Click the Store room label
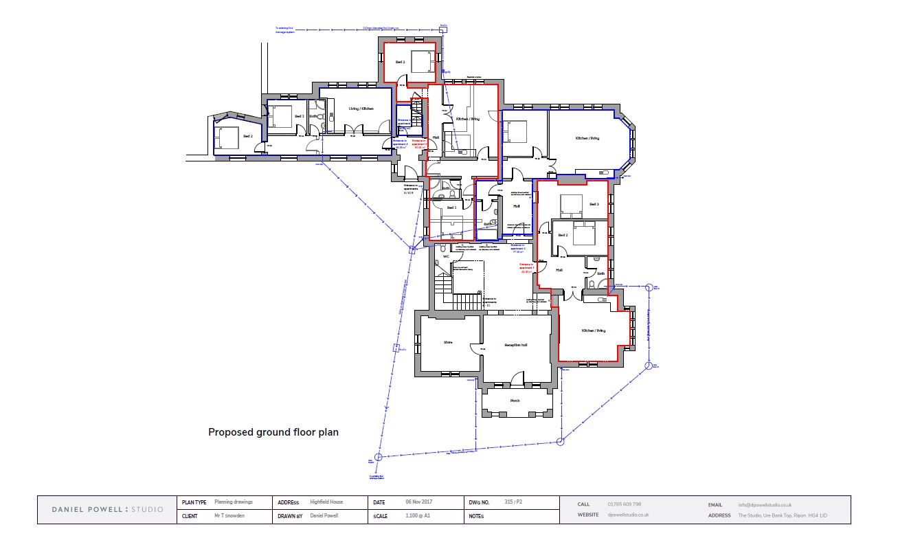(x=448, y=341)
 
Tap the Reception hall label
(x=515, y=345)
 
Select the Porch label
(x=515, y=401)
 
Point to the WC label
(x=445, y=256)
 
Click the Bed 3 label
(x=594, y=205)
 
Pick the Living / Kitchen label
(x=361, y=109)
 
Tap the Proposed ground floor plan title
(x=273, y=432)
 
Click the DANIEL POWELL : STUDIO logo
(x=108, y=509)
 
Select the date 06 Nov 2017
(x=418, y=502)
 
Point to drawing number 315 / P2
(x=513, y=502)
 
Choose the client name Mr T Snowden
(x=229, y=515)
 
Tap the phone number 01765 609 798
(x=625, y=504)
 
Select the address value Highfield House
(x=326, y=502)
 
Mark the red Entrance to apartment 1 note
(x=527, y=267)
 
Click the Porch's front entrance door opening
(x=516, y=415)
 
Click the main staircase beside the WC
(x=467, y=300)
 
